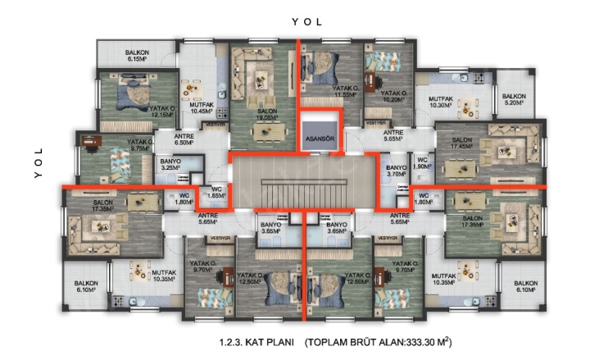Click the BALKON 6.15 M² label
point(136,55)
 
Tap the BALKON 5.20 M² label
point(514,99)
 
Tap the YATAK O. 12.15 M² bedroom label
point(161,111)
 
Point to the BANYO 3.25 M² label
point(170,164)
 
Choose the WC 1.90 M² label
point(422,163)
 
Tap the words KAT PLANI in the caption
point(257,340)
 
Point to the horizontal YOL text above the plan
point(307,22)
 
